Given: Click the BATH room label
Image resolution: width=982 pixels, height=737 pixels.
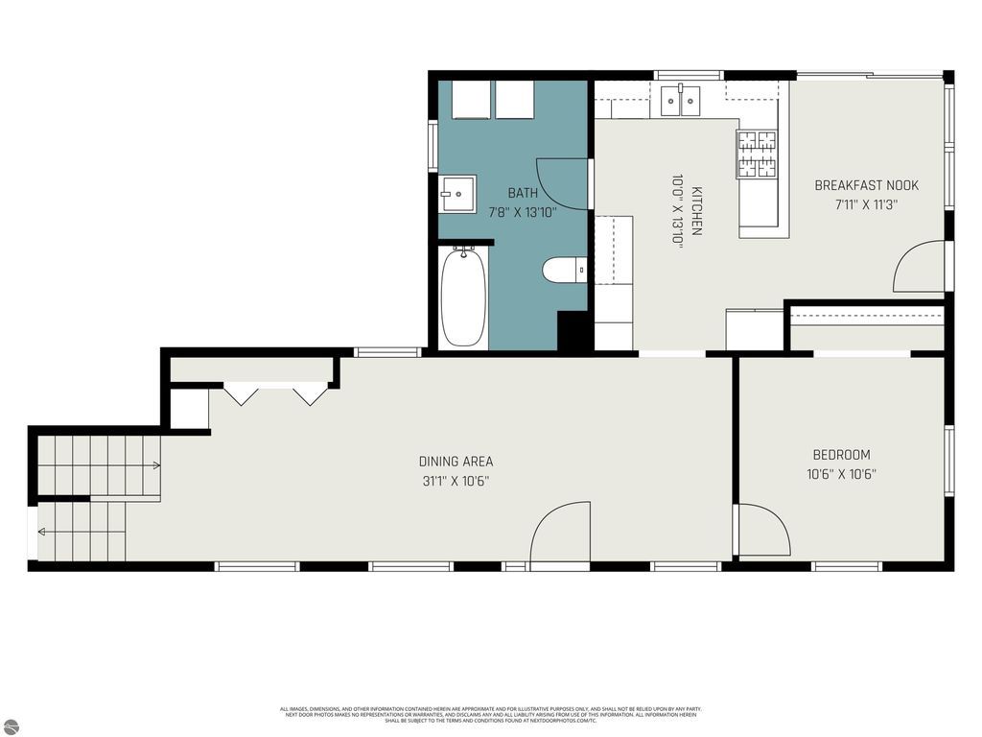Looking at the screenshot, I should click(x=523, y=193).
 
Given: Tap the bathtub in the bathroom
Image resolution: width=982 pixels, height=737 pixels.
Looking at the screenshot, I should click(x=463, y=297).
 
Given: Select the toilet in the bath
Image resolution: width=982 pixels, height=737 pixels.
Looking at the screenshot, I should click(x=565, y=271).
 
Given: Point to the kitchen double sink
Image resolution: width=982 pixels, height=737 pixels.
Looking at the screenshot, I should click(x=681, y=100).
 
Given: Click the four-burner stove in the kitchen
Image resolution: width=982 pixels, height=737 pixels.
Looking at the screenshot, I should click(x=756, y=155).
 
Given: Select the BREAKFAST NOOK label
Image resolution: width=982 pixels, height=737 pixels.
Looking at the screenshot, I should click(x=866, y=185).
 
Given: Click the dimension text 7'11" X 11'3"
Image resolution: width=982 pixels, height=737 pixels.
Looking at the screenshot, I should click(x=866, y=203).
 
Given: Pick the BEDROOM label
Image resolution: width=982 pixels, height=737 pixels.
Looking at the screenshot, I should click(x=841, y=455).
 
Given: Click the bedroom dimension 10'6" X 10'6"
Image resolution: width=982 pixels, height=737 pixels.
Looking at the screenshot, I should click(x=841, y=473).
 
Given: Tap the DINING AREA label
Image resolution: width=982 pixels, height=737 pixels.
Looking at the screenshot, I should click(x=456, y=462).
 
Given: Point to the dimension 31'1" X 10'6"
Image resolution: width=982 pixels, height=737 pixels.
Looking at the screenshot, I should click(x=456, y=481).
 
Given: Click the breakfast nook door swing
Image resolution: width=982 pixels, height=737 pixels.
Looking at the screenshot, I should click(x=919, y=267).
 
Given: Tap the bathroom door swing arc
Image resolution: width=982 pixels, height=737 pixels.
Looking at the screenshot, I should click(x=562, y=183).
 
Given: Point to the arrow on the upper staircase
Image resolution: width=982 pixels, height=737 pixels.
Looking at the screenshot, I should click(x=154, y=465).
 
